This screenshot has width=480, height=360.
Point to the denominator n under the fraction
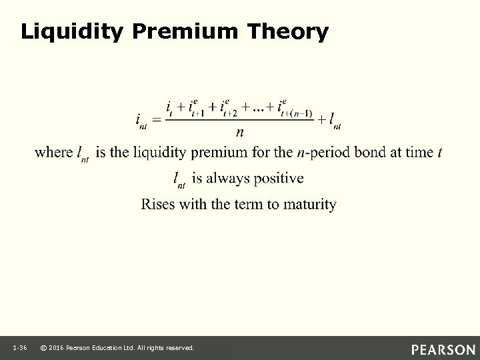[239, 132]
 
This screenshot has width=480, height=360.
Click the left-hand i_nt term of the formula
[141, 121]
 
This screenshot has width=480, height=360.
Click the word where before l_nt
[53, 153]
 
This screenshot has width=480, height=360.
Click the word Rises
[157, 204]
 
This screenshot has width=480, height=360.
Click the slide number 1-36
[19, 349]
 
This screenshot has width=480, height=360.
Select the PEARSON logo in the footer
[443, 349]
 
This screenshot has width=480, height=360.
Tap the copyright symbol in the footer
[43, 349]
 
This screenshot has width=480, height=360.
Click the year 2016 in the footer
[57, 349]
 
